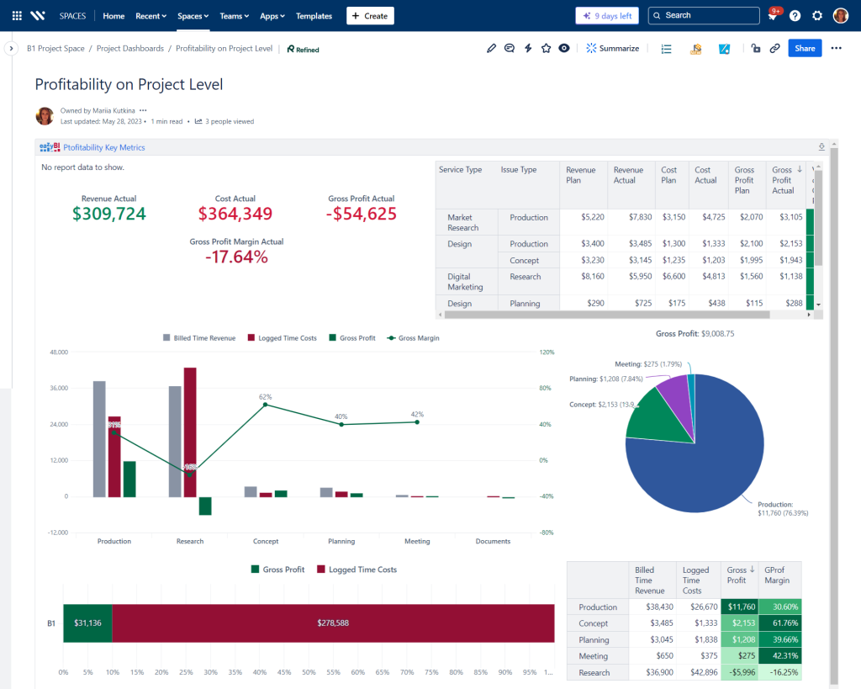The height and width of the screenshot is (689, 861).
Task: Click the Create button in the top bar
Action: coord(370,16)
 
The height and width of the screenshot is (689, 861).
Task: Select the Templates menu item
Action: coord(314,16)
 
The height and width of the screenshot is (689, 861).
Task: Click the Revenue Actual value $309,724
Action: coord(108,214)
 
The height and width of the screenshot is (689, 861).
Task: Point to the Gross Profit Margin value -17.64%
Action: coord(236,257)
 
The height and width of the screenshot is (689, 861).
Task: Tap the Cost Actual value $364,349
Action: coord(235,214)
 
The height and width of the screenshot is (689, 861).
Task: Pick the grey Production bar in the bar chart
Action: coord(99,438)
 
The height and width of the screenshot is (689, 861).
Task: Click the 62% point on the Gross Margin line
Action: coord(266,405)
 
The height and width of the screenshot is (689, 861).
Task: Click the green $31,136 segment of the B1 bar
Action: coord(87,623)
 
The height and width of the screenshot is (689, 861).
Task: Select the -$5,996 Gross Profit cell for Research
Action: coord(741,673)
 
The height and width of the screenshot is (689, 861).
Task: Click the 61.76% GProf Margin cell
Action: coord(779,623)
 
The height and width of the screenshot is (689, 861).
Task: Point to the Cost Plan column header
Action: coord(668,175)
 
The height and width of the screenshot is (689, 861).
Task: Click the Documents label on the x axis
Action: coord(493,542)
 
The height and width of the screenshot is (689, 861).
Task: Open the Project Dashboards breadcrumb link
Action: coord(130,49)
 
